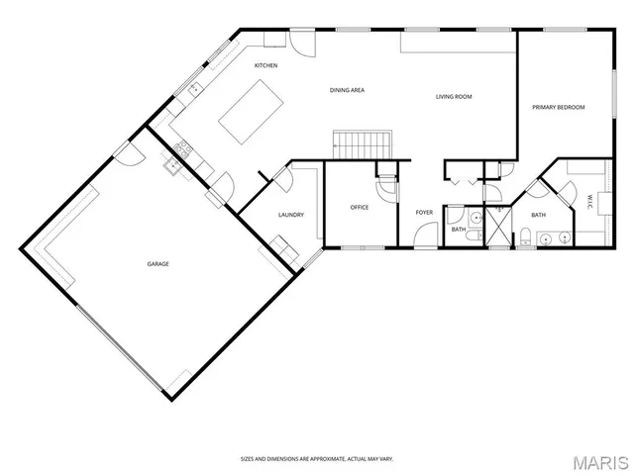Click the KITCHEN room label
(x=265, y=65)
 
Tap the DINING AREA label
(x=348, y=90)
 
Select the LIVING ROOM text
(x=454, y=97)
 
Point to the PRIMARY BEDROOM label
(x=559, y=107)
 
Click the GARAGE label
(x=158, y=264)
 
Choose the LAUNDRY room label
(x=290, y=215)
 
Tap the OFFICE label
(x=360, y=208)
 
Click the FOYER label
(x=424, y=212)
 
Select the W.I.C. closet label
(x=589, y=201)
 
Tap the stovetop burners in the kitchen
(x=182, y=150)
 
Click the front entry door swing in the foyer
(x=426, y=236)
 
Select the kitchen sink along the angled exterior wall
(x=195, y=89)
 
